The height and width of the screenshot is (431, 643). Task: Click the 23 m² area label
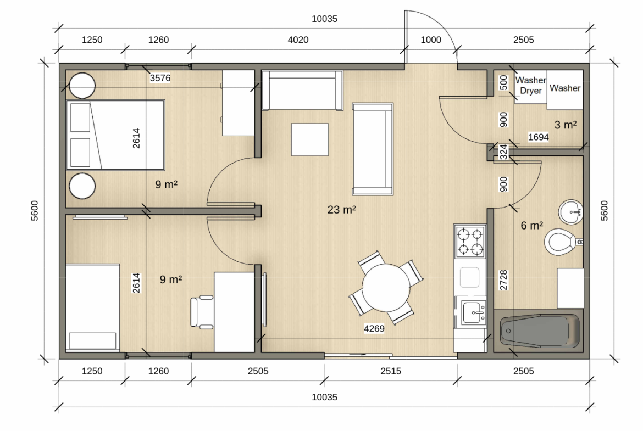pos(342,210)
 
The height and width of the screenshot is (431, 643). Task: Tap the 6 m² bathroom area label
pos(532,225)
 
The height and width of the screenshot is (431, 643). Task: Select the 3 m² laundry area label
pos(566,125)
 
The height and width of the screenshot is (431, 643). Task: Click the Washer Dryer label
pos(531,85)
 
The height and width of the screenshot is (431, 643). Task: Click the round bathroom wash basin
pos(571,212)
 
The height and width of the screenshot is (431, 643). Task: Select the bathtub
pos(539,331)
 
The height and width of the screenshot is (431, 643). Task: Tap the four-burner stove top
pos(470,242)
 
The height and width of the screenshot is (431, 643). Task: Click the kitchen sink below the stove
pos(474,312)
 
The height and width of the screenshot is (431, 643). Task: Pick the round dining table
pos(385,288)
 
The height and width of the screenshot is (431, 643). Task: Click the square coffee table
pos(309,139)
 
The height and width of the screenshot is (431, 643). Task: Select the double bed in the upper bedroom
pos(115,135)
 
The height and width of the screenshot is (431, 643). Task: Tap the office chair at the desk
pos(202,312)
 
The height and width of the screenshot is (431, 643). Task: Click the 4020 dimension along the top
pos(298,40)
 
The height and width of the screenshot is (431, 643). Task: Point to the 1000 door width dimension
pos(431,40)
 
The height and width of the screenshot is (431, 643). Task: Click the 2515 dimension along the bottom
pos(391,371)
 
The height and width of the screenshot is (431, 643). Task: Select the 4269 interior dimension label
pos(374,328)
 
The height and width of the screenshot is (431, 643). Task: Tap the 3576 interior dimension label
pos(160,78)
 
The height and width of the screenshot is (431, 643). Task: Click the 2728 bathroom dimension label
pos(503,280)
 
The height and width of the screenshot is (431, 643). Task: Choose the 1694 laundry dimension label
pos(539,137)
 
